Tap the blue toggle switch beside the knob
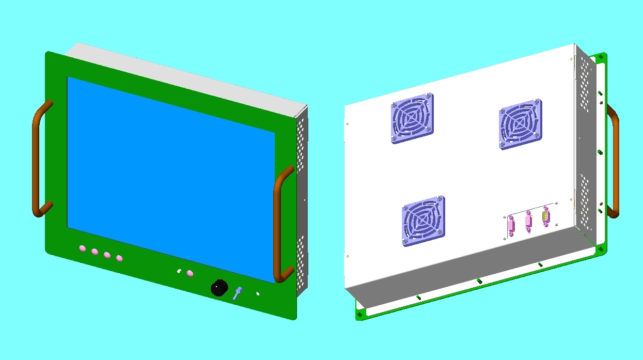(238, 293)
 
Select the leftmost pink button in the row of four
(83, 248)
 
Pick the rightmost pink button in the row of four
(119, 258)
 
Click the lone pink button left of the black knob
(190, 273)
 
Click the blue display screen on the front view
(170, 176)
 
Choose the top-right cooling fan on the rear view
(520, 123)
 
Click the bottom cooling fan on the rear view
(423, 221)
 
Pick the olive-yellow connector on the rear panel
(546, 216)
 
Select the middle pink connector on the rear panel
(528, 221)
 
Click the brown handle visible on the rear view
(614, 160)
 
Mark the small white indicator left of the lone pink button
(179, 271)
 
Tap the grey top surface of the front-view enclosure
(186, 77)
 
